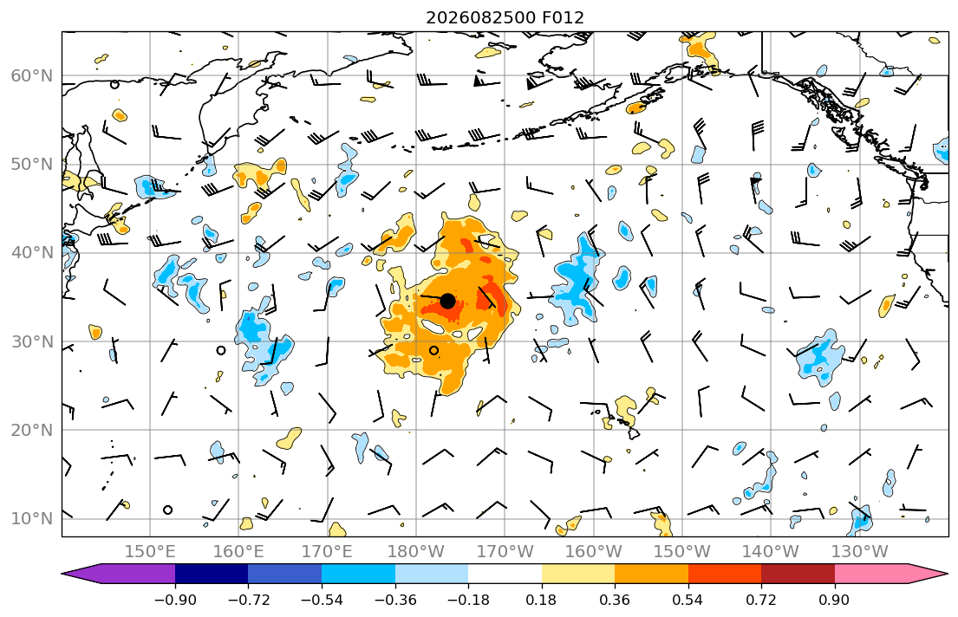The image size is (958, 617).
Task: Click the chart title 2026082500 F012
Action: click(x=505, y=17)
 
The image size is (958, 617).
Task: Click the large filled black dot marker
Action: click(x=447, y=301)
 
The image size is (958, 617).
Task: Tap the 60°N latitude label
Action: click(x=32, y=75)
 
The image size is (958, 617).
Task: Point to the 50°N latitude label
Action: click(x=32, y=165)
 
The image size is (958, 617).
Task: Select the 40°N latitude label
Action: click(x=32, y=252)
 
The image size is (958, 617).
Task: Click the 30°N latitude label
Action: click(x=32, y=341)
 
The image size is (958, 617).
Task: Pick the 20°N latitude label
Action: click(x=32, y=430)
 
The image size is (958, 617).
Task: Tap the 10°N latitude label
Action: click(x=32, y=518)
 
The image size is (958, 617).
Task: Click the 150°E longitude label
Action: click(x=150, y=552)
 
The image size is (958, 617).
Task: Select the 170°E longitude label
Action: click(x=327, y=552)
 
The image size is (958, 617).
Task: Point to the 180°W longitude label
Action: click(x=415, y=552)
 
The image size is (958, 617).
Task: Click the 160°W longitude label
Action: click(x=593, y=552)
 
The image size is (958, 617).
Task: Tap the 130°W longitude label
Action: click(x=859, y=552)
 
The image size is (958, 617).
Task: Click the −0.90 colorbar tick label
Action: click(x=175, y=600)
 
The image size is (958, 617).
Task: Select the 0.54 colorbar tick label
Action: click(x=688, y=600)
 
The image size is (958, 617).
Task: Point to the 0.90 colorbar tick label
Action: click(x=835, y=600)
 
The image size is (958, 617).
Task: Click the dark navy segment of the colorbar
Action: click(x=212, y=574)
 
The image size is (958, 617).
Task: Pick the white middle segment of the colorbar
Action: click(x=505, y=574)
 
